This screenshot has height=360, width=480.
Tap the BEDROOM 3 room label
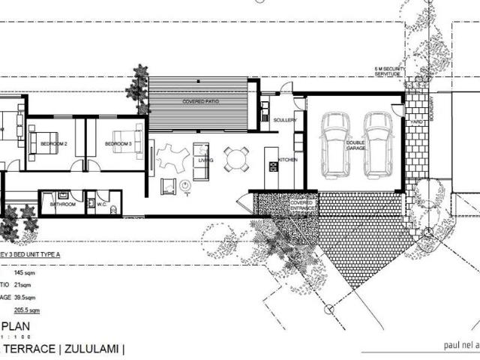[118, 143]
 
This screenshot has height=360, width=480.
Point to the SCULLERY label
[285, 119]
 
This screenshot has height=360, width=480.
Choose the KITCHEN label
[288, 160]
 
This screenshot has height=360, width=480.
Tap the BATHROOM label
[62, 203]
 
